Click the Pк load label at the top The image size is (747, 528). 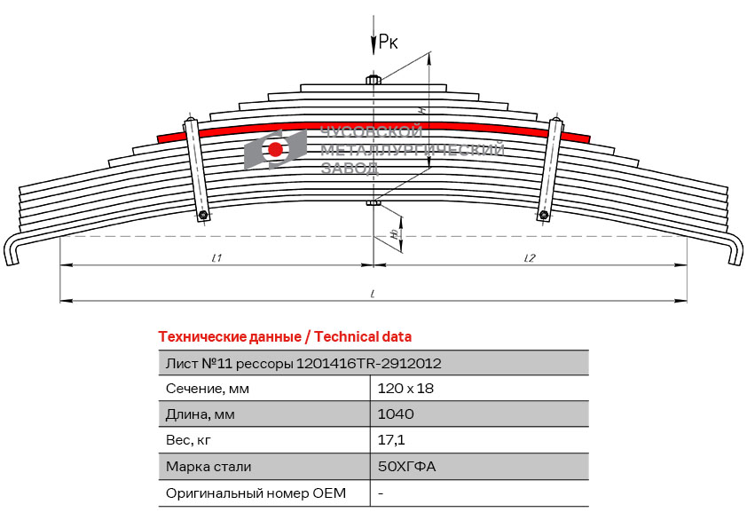click(388, 42)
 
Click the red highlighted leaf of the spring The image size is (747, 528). click(373, 127)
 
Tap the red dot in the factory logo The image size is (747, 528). click(275, 149)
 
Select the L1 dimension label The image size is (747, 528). click(216, 258)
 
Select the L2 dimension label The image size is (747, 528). click(530, 258)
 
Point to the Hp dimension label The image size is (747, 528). click(395, 234)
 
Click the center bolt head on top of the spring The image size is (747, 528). click(373, 79)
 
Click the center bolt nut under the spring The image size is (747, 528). click(373, 203)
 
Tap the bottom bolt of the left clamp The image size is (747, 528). click(203, 215)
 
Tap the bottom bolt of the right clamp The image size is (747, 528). click(544, 215)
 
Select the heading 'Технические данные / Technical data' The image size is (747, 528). click(285, 337)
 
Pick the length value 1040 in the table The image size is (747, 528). click(396, 414)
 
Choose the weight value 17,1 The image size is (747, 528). click(391, 440)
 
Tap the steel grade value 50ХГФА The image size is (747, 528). click(407, 466)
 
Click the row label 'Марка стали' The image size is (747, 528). click(208, 466)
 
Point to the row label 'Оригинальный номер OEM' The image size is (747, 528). click(256, 493)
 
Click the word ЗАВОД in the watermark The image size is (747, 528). click(350, 168)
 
